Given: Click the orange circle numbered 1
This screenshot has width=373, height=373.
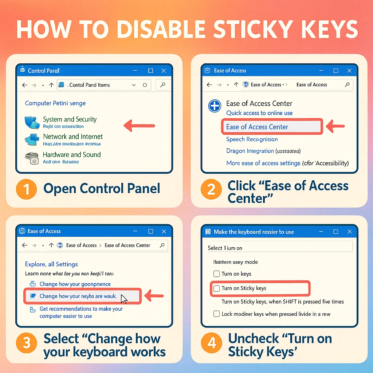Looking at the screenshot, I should (27, 189).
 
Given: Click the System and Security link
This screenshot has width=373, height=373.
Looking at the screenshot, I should (70, 119).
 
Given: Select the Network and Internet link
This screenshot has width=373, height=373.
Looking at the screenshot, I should (73, 137).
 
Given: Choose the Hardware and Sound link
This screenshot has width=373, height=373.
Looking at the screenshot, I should (72, 154).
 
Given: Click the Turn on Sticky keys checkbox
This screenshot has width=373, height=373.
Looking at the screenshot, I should (216, 288).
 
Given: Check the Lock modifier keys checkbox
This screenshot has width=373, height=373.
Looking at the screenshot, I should (216, 314).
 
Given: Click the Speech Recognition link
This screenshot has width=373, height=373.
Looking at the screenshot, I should (252, 139).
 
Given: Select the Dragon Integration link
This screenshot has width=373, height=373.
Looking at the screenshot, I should (250, 151).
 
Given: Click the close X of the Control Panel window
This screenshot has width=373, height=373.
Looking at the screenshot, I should (164, 71).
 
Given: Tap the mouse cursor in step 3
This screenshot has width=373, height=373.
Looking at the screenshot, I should (124, 299).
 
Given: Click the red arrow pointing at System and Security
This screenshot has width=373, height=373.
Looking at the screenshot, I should (139, 126).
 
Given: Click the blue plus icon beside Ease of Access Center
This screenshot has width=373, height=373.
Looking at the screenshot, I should (215, 106).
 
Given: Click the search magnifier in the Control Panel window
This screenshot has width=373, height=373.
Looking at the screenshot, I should (162, 85).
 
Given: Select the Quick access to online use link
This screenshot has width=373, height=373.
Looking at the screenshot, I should (259, 113).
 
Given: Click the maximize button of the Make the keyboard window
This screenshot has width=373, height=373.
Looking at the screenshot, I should (336, 232).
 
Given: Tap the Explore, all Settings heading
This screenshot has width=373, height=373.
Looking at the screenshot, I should (51, 264).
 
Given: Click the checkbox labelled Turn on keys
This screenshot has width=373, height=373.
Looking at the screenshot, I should (216, 274).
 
